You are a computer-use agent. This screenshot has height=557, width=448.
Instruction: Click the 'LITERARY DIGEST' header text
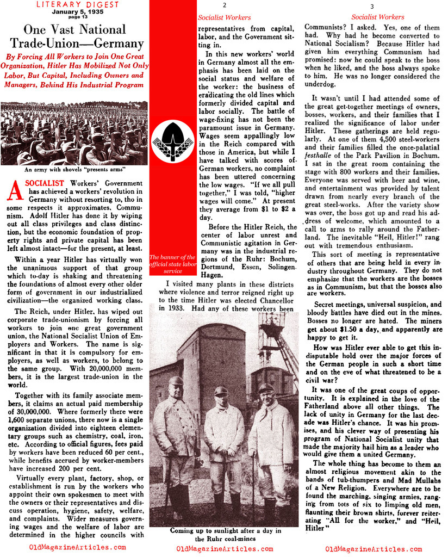73,5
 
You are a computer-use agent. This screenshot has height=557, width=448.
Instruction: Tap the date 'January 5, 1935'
73,15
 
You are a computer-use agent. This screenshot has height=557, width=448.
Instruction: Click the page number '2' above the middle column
223,6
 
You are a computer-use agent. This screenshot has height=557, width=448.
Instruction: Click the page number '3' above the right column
372,6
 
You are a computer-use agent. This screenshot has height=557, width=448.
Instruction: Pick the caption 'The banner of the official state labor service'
172,264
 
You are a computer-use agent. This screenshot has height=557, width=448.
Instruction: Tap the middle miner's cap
221,390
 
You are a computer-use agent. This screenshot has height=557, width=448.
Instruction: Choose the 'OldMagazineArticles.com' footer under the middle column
224,548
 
